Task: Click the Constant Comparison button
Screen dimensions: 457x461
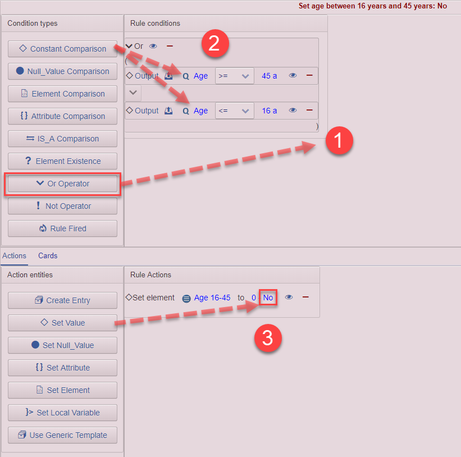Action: (62, 49)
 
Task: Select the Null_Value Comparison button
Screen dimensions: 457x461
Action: (62, 71)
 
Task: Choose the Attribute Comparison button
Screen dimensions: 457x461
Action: (62, 116)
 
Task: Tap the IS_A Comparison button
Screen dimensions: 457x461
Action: (62, 139)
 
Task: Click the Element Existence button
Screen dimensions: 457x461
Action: (62, 161)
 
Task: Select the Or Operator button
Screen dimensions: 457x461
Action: (62, 184)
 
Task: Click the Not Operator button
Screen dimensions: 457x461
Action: (62, 206)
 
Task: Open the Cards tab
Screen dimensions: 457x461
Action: (48, 255)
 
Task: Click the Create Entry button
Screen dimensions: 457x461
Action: (62, 300)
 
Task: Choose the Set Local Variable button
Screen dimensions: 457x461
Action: (62, 413)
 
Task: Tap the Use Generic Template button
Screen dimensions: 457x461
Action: (62, 435)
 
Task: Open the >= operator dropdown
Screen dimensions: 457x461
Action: (234, 76)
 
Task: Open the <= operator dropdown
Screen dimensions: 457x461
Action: (234, 111)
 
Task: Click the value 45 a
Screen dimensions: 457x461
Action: (270, 76)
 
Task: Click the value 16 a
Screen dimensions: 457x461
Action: (270, 111)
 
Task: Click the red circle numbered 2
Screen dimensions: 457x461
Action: (214, 44)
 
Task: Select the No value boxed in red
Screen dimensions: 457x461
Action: (268, 298)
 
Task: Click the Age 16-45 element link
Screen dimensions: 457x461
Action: (212, 298)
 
